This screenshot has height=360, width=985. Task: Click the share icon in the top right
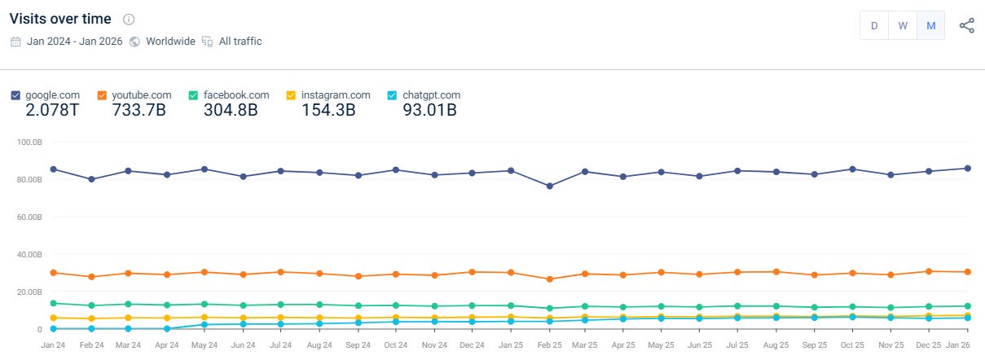tap(966, 25)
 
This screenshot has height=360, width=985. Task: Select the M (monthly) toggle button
tap(930, 25)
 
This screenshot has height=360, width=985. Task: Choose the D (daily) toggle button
tap(874, 25)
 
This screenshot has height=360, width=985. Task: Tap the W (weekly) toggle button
tap(903, 25)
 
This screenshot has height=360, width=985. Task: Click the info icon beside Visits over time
tap(129, 20)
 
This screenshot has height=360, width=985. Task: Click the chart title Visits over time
tap(60, 19)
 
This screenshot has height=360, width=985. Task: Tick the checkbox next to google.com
tap(16, 95)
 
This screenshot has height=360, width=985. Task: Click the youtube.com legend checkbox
tap(102, 95)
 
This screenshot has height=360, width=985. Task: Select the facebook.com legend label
tap(235, 95)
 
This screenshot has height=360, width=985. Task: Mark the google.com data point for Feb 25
tap(549, 187)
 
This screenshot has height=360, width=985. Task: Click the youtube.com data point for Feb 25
tap(549, 279)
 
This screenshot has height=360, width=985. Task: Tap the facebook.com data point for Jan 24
tap(54, 303)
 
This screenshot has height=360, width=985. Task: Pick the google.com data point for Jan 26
tap(967, 169)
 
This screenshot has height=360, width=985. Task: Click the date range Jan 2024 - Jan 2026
tap(73, 41)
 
